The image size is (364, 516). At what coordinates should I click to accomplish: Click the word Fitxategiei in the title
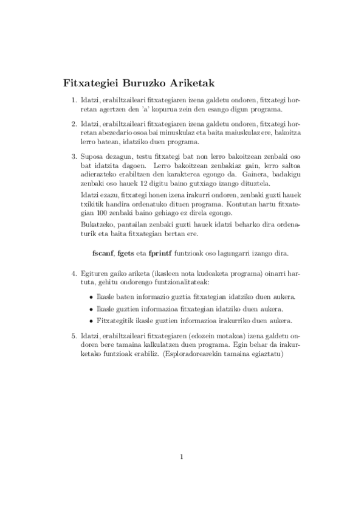(x=90, y=83)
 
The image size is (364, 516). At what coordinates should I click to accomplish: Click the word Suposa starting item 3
(x=91, y=156)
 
